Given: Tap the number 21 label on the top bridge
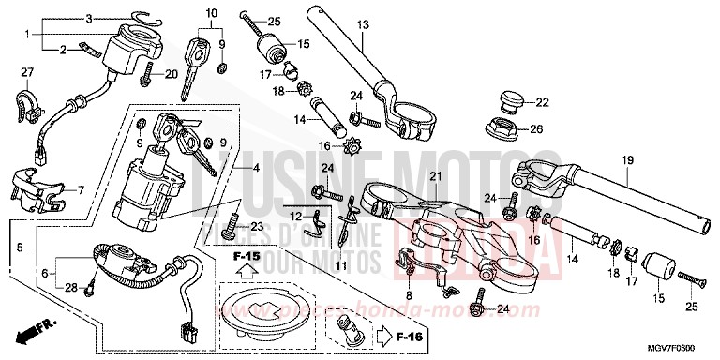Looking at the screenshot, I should tap(434, 177).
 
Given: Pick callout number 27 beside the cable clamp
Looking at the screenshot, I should tap(27, 72).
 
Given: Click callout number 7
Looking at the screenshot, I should tap(81, 190).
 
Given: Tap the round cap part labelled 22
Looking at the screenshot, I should tap(512, 101).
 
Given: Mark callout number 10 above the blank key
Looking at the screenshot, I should tap(211, 13).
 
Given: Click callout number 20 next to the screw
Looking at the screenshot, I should tap(172, 74).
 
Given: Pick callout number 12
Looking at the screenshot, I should tap(296, 217).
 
